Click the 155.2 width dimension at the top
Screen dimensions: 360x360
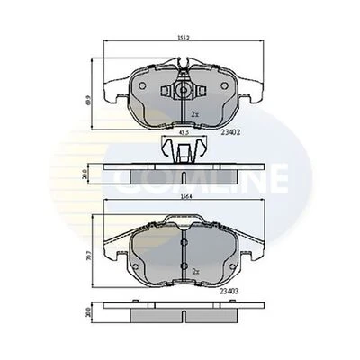point(184,38)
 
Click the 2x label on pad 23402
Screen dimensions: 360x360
point(194,114)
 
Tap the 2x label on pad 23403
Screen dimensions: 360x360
point(194,270)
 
